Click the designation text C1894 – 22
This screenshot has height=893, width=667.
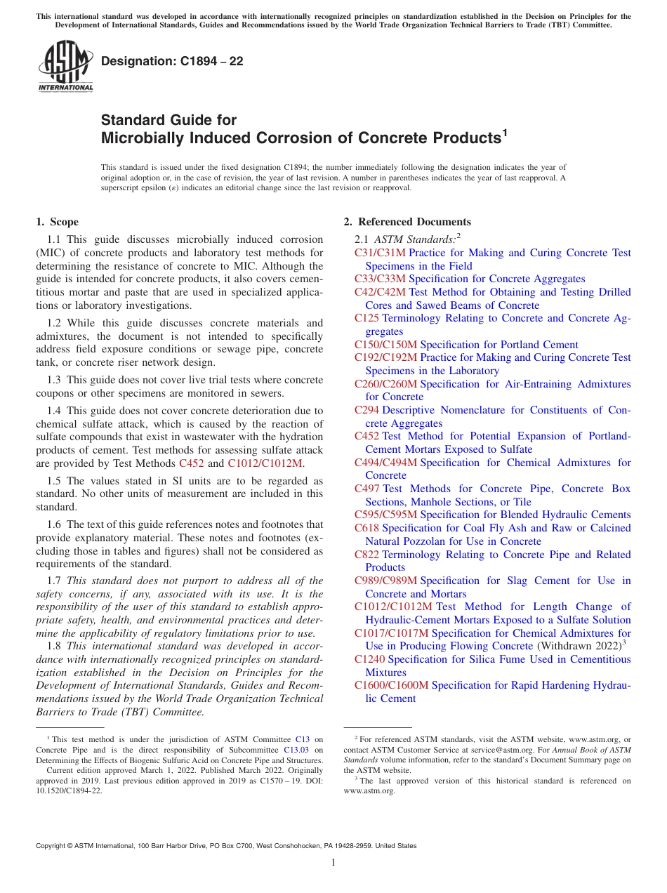172,61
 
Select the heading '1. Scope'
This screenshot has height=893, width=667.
57,222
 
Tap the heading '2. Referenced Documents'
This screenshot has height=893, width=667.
407,222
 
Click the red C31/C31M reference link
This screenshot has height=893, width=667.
380,253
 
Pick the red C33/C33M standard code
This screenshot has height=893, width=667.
380,279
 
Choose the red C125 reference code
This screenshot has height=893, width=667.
367,318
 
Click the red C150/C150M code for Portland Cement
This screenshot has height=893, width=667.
385,345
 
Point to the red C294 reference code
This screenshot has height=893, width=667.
367,410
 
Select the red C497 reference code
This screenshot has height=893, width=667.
367,489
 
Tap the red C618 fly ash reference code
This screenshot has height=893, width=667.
367,528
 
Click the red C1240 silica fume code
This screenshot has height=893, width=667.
370,659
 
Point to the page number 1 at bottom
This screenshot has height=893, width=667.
333,862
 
